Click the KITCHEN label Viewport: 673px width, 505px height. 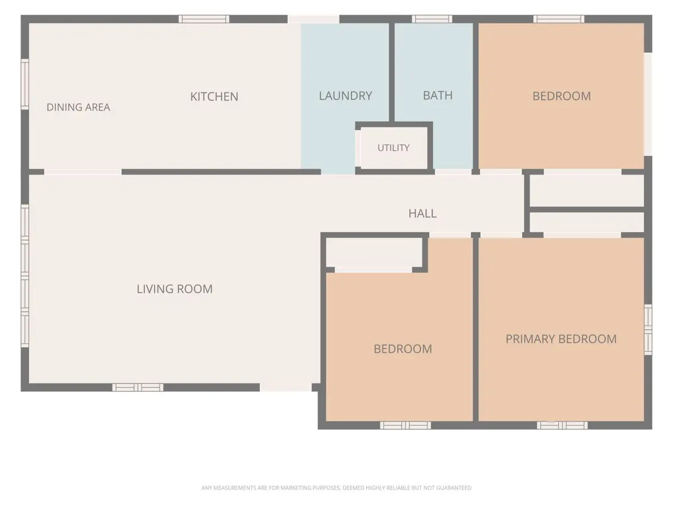[x=214, y=97]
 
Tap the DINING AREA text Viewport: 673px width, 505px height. [x=78, y=107]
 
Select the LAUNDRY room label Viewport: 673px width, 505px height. [x=345, y=95]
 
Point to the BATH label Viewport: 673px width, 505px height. [x=437, y=95]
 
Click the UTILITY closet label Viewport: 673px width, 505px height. [x=393, y=148]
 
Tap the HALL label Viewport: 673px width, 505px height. [x=422, y=213]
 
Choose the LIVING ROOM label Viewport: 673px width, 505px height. [x=174, y=289]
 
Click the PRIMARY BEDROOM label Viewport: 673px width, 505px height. [x=561, y=339]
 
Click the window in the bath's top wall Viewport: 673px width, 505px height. [x=432, y=19]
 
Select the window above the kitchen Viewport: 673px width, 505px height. [x=204, y=19]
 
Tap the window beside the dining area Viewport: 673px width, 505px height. [x=25, y=84]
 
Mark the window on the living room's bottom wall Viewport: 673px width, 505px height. [x=137, y=387]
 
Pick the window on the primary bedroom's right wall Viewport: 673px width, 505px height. [x=648, y=329]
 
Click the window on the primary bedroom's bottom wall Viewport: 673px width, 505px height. [x=563, y=425]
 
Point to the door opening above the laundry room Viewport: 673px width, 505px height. [x=314, y=19]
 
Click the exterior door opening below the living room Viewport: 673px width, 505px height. [x=286, y=387]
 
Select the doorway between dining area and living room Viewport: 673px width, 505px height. [x=83, y=172]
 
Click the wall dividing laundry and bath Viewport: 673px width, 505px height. [x=391, y=72]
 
